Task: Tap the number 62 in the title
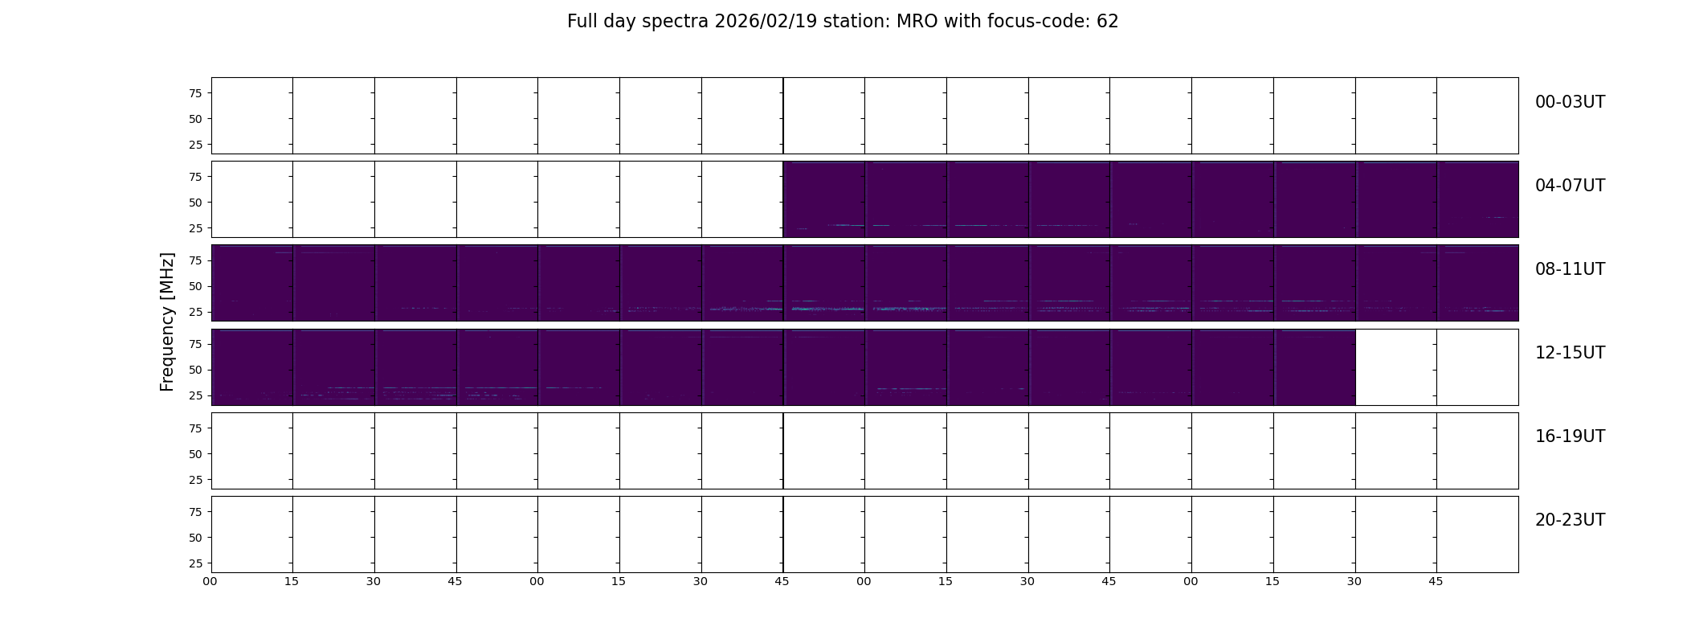click(x=1108, y=22)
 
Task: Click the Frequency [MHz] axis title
click(x=167, y=322)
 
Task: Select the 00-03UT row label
click(x=1570, y=102)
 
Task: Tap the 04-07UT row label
click(x=1570, y=186)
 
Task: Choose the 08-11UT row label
click(x=1570, y=269)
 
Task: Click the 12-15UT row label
click(x=1570, y=353)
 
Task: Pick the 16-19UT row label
click(x=1570, y=436)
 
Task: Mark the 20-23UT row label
click(x=1570, y=520)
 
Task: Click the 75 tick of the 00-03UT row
click(x=194, y=93)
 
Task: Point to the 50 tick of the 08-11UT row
click(x=194, y=286)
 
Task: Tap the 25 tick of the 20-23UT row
click(x=194, y=563)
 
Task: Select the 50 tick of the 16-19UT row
click(x=194, y=454)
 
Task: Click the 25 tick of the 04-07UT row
click(x=194, y=228)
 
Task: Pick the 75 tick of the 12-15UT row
click(x=194, y=344)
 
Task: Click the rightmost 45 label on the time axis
click(x=1436, y=581)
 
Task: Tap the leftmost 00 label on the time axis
click(x=210, y=581)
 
